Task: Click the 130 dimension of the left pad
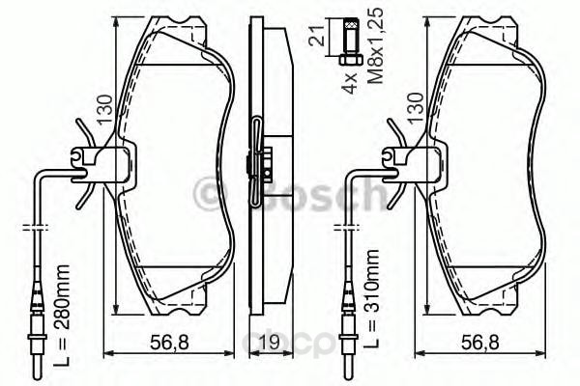[104, 110]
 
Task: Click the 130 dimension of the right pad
[415, 108]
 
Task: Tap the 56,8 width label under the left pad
[169, 343]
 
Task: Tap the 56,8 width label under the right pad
[480, 343]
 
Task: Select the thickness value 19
[268, 343]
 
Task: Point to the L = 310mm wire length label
[371, 299]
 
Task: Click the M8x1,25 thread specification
[376, 45]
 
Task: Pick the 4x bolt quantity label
[348, 82]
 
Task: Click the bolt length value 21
[317, 36]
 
